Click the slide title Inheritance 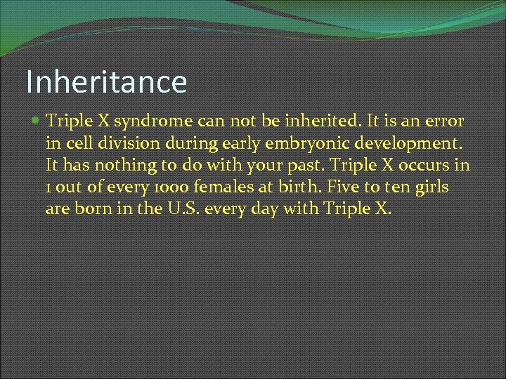point(107,81)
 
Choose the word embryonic point(294,144)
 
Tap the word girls point(432,187)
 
